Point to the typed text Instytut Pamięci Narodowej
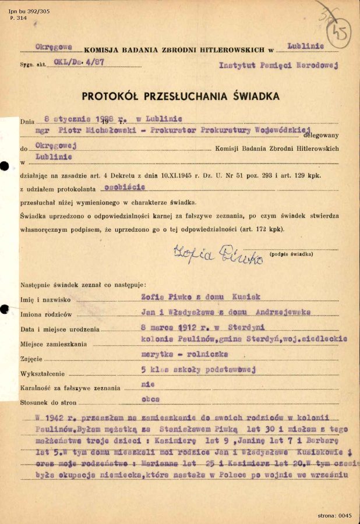278,65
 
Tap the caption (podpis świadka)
291,254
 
